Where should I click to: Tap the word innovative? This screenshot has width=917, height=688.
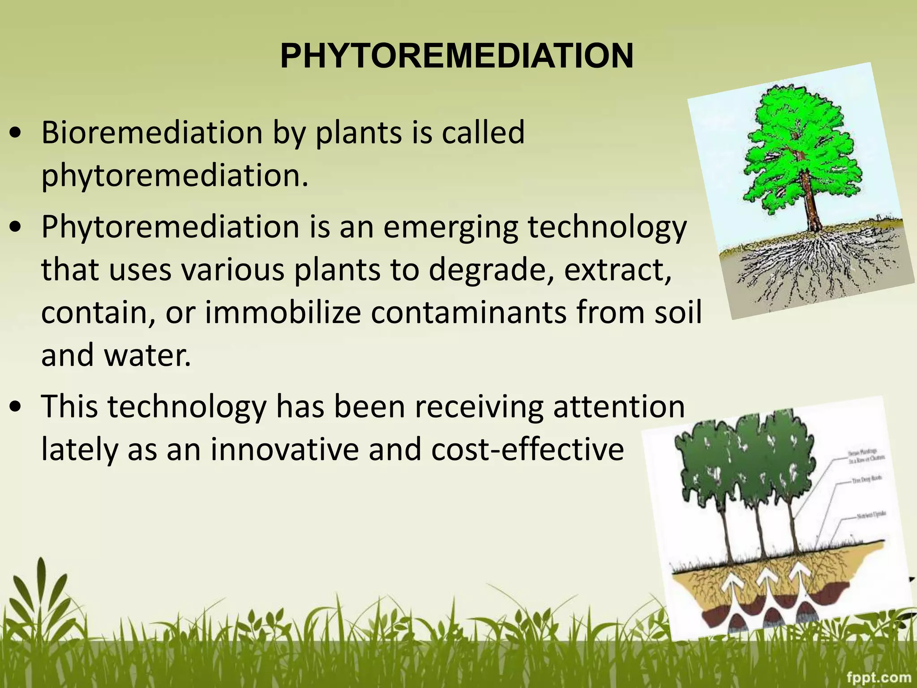tap(285, 449)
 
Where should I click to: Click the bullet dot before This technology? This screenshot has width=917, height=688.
tap(16, 407)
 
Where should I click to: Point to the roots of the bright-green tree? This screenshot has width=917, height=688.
tap(806, 264)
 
